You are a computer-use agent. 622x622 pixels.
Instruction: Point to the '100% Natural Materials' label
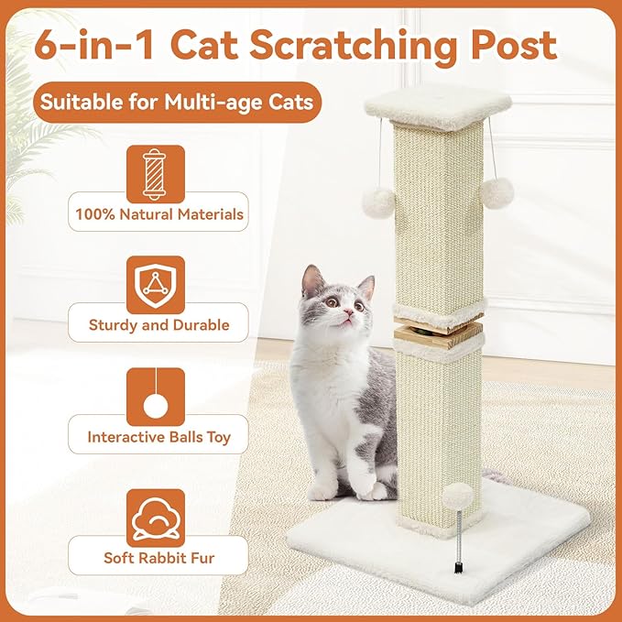pos(159,215)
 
